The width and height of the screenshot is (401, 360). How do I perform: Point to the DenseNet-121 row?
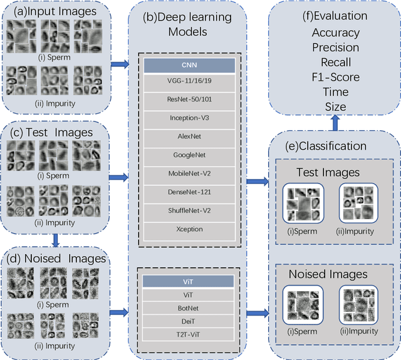[x=190, y=192]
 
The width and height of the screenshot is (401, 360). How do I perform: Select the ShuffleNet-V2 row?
[x=190, y=210]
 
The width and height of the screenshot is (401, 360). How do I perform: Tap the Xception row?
[x=190, y=229]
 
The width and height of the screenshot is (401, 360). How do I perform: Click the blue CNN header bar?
[x=190, y=65]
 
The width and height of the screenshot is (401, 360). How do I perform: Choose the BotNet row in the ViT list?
[x=190, y=308]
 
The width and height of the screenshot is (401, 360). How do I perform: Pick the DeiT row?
[x=190, y=321]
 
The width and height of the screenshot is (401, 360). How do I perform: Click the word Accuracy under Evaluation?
[x=335, y=33]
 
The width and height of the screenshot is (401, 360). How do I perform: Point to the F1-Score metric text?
[x=335, y=77]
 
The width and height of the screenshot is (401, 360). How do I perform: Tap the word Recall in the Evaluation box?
[x=335, y=63]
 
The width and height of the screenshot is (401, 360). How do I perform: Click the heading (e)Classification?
[x=335, y=146]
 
